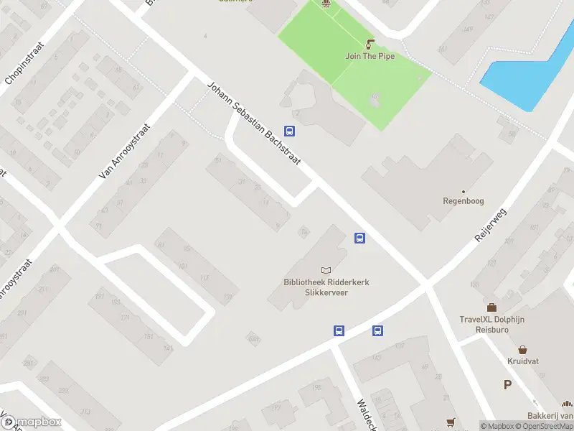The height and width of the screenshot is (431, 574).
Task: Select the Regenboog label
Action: tap(464, 201)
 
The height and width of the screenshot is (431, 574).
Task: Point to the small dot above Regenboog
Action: tap(464, 191)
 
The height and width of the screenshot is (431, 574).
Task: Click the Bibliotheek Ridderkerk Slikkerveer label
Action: tap(327, 287)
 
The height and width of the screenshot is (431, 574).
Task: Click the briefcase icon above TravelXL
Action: tap(491, 307)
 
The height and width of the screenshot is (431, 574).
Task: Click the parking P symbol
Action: tap(507, 385)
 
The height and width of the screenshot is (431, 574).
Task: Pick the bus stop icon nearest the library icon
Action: tap(360, 238)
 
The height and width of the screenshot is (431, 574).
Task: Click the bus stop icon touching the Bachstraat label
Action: tap(289, 131)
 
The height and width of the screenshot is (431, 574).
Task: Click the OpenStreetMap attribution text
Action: tap(545, 426)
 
